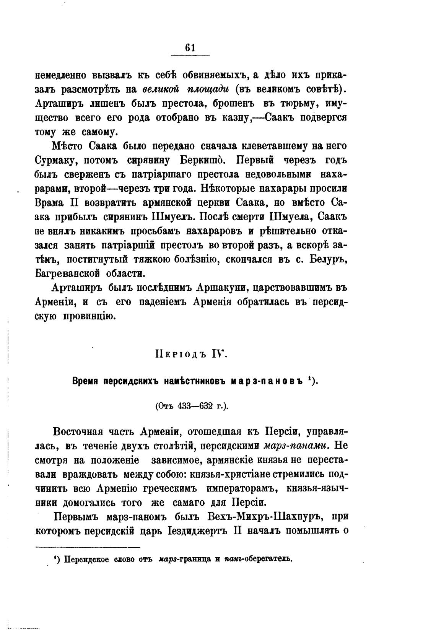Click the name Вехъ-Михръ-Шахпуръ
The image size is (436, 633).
[265, 517]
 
